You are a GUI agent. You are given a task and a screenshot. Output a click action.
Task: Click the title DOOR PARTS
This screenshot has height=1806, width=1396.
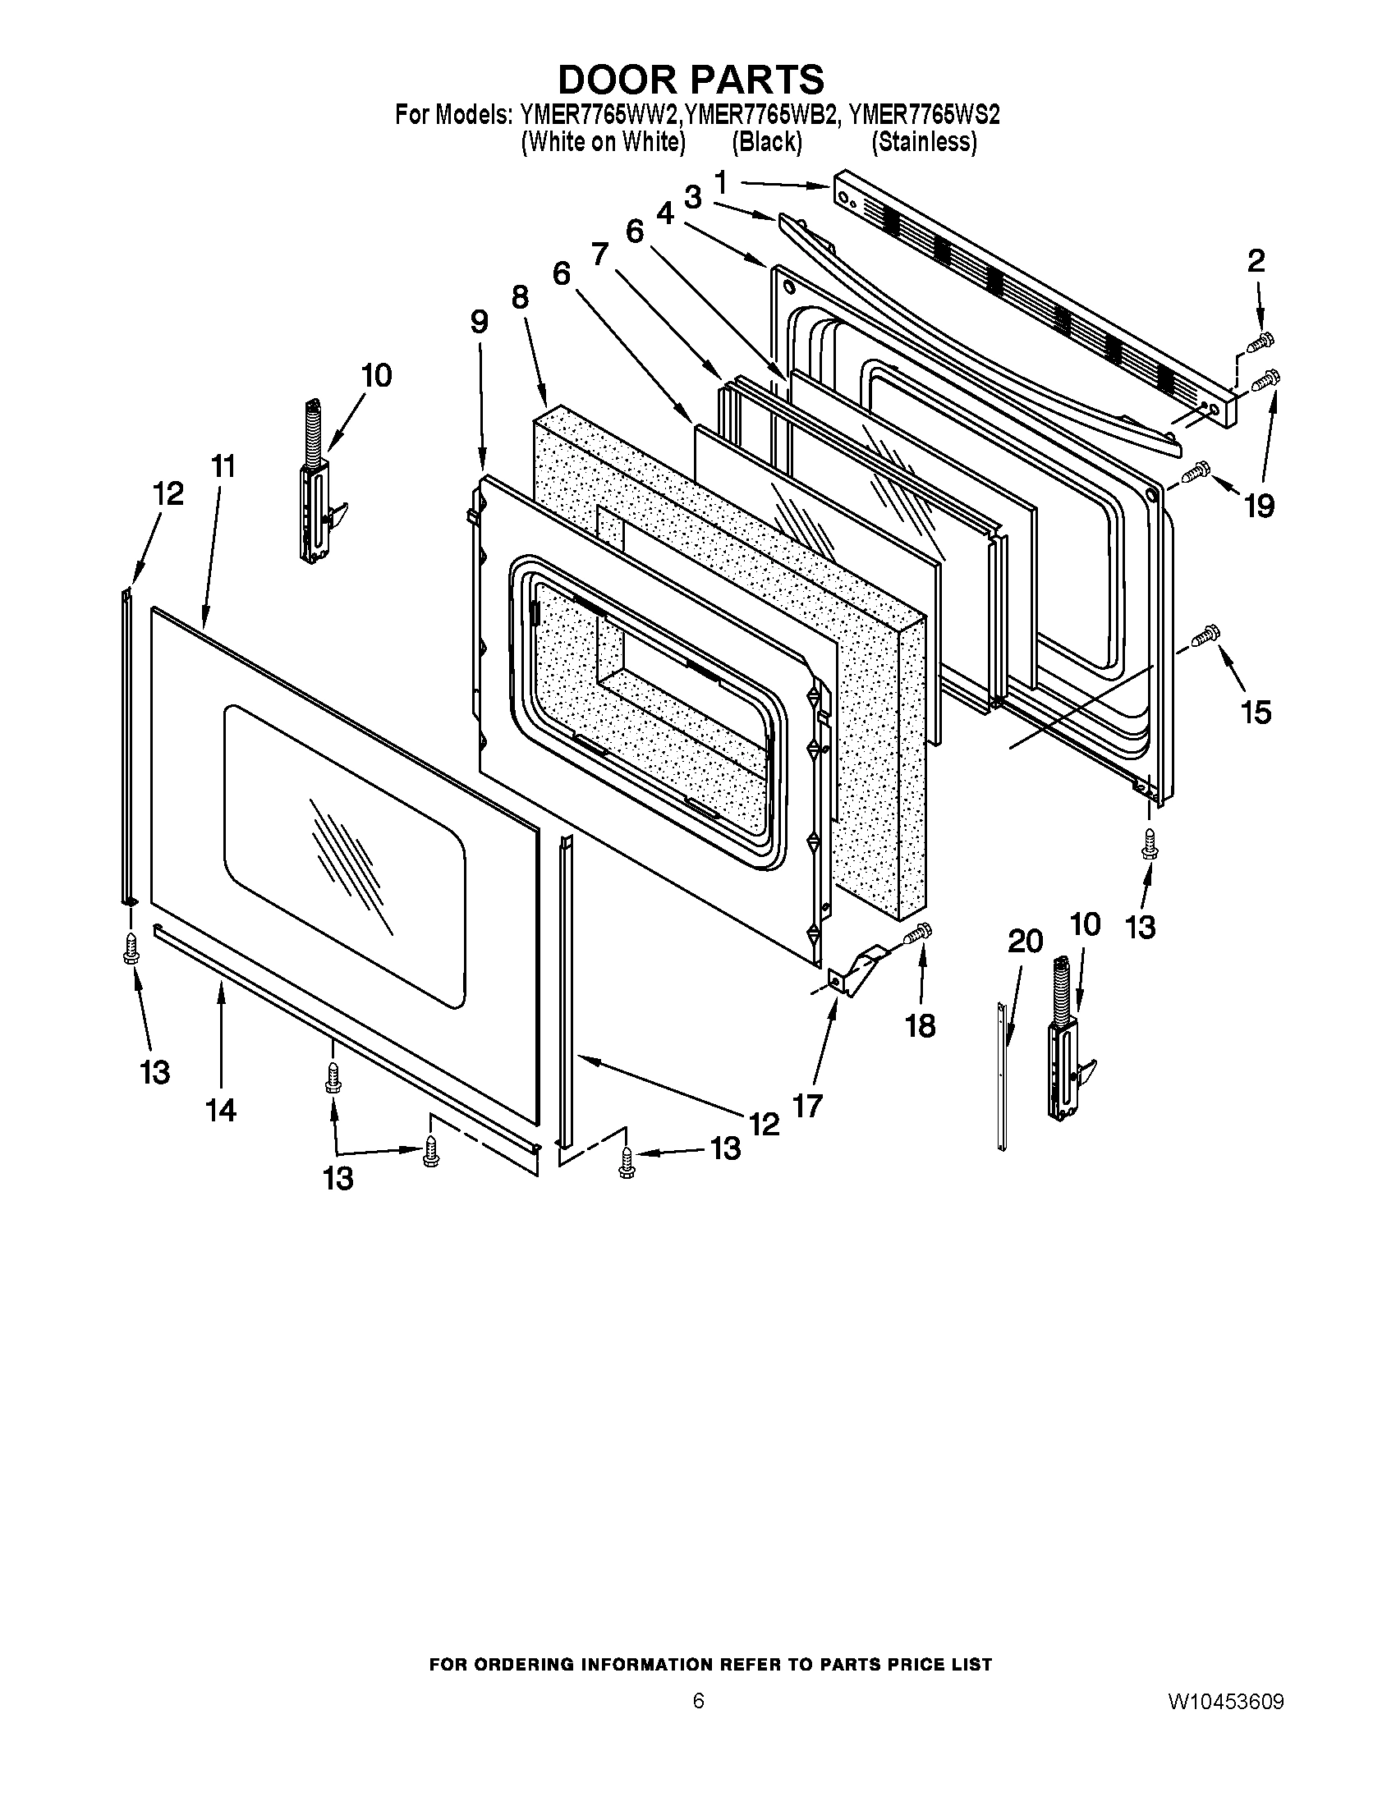tap(691, 80)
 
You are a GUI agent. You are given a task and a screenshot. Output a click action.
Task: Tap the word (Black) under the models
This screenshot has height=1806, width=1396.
tap(767, 142)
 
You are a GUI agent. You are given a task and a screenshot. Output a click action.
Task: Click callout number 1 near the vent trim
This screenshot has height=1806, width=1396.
tap(720, 182)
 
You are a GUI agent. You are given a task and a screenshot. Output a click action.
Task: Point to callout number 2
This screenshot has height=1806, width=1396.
tap(1256, 261)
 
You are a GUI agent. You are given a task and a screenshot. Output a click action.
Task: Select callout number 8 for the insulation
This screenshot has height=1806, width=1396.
tap(519, 297)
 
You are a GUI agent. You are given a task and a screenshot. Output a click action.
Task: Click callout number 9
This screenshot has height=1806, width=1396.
tap(480, 322)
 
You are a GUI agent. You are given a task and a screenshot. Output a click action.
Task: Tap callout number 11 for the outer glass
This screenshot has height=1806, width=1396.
tap(223, 466)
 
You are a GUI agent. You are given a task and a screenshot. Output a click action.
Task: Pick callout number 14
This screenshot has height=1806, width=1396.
tap(221, 1110)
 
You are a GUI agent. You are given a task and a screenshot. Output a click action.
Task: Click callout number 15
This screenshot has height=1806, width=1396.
tap(1256, 711)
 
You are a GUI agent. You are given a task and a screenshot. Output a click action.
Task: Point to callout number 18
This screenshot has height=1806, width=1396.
tap(920, 1025)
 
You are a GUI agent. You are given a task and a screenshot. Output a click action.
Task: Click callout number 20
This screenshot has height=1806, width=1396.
tap(1024, 941)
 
